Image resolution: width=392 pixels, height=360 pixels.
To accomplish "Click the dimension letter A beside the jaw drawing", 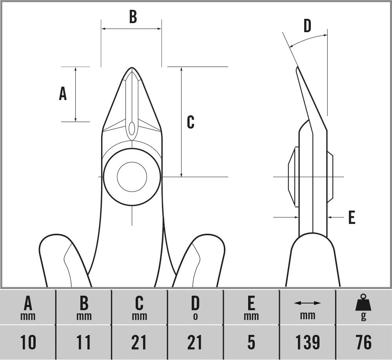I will [63, 94].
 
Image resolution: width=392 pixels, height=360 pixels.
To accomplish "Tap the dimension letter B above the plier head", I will [133, 17].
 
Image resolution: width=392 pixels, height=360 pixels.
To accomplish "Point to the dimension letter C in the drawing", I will [191, 122].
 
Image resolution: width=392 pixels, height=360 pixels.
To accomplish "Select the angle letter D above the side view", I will [307, 26].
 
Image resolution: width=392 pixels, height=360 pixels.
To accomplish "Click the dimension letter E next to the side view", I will [352, 218].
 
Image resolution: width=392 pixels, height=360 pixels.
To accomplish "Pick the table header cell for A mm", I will [28, 308].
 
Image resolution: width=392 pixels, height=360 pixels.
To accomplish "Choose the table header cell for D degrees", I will [195, 308].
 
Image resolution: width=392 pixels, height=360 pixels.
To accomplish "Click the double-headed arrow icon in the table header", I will [307, 303].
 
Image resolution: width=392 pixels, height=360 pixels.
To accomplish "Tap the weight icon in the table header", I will [363, 302].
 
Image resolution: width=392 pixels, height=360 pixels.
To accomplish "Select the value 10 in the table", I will [28, 342].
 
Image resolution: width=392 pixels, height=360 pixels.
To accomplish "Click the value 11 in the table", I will [83, 342].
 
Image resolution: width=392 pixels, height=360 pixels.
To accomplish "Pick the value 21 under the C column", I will [139, 342].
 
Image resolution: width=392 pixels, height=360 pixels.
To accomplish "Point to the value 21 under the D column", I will [195, 342].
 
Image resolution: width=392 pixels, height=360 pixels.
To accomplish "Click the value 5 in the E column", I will [251, 342].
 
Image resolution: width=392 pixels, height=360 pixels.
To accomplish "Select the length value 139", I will [307, 342].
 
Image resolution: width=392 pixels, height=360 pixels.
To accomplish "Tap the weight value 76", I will [363, 342].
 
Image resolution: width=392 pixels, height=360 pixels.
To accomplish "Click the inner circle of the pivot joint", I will [132, 176].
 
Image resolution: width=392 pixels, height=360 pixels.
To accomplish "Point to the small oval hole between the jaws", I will [132, 128].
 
